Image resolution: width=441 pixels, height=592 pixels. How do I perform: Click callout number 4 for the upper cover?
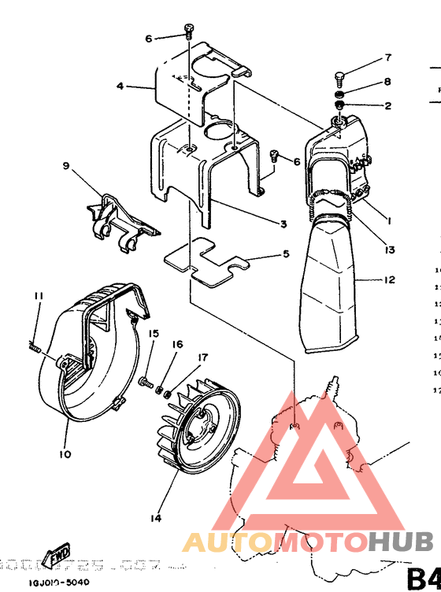tap(120, 86)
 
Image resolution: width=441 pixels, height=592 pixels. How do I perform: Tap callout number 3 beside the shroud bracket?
tap(283, 224)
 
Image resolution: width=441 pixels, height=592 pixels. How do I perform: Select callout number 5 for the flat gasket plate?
tap(287, 253)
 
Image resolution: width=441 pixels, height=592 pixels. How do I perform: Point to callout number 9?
tap(66, 166)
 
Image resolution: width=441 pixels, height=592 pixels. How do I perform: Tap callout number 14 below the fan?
tap(156, 518)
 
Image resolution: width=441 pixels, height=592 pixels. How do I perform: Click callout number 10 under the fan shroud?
tap(64, 453)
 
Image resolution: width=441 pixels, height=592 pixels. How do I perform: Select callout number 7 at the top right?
tap(387, 58)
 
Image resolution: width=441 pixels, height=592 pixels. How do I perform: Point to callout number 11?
tap(37, 295)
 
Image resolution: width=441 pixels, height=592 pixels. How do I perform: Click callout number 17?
tap(202, 357)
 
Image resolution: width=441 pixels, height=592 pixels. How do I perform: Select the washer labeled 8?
tap(341, 94)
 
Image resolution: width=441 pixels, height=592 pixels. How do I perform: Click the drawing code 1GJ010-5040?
tap(57, 583)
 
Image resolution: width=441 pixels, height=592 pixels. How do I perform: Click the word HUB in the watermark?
tap(402, 542)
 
